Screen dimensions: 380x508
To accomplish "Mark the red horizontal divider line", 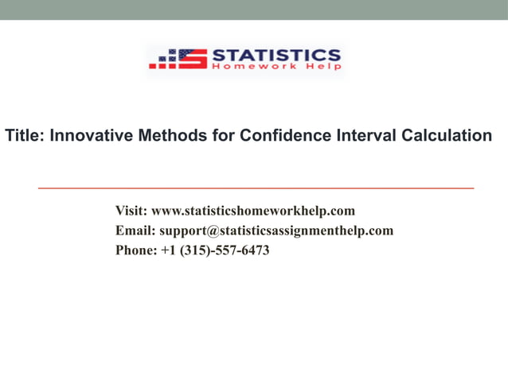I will [256, 188].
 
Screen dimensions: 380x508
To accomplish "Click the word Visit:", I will [131, 211].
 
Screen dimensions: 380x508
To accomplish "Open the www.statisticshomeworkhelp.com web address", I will [253, 211].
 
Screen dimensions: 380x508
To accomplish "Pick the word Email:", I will [135, 231].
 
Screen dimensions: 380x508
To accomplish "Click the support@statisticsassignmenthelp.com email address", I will [276, 231].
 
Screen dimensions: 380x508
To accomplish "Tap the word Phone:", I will [136, 250].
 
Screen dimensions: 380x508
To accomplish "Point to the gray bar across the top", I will [254, 10].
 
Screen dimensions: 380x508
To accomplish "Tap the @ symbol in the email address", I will [213, 231].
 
